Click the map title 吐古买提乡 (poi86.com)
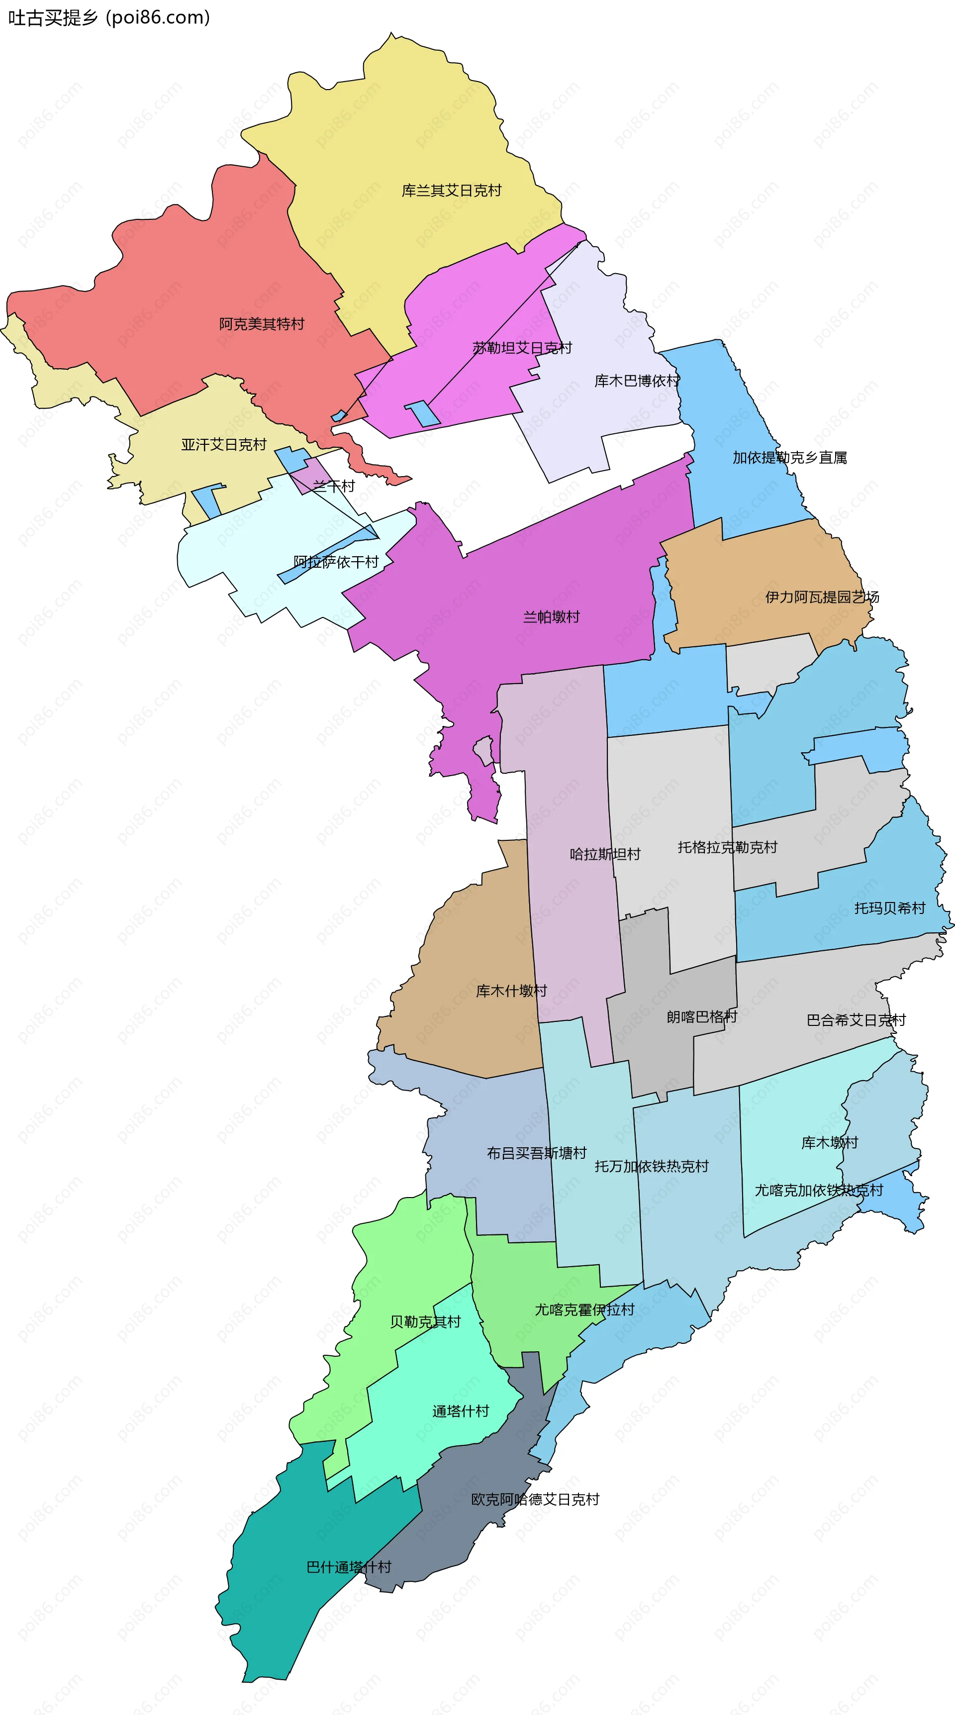coord(109,17)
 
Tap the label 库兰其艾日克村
coord(451,191)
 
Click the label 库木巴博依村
coord(636,381)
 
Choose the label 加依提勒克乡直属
coord(789,457)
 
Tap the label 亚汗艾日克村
coord(224,444)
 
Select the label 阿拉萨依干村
coord(336,562)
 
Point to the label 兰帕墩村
coord(551,616)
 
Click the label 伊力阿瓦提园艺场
coord(822,597)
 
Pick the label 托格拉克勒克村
coord(727,847)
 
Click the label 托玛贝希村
coord(890,908)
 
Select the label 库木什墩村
coord(511,991)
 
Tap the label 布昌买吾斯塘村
coord(536,1153)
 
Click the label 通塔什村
coord(461,1411)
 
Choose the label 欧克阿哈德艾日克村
coord(535,1499)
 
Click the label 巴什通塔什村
coord(349,1567)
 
